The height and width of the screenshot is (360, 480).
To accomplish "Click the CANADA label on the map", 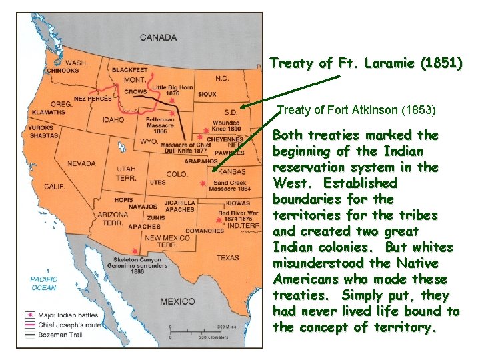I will [x=158, y=37].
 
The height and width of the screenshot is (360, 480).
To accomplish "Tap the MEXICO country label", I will [x=177, y=301].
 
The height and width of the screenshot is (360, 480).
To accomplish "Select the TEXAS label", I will [x=227, y=257].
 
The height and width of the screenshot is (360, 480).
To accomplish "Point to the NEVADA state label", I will [x=81, y=163].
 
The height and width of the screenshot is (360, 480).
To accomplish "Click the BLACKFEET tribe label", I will [x=130, y=70].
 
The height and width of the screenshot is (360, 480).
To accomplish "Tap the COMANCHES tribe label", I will [x=204, y=231].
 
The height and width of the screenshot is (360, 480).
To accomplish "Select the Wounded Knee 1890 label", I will [x=226, y=127].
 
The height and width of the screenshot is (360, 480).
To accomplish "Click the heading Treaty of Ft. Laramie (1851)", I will [x=365, y=64].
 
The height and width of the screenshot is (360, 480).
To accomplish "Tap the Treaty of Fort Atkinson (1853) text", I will [x=356, y=109].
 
